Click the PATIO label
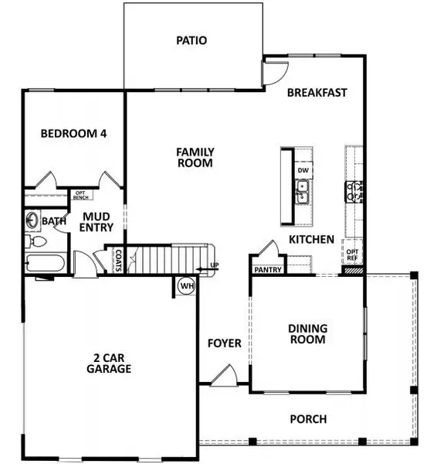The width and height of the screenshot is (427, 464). (x=191, y=39)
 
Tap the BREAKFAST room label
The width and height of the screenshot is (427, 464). (x=317, y=92)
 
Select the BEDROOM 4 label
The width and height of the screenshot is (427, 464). (x=73, y=133)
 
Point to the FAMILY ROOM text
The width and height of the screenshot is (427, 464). (x=195, y=158)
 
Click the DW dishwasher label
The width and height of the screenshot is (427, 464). (x=303, y=169)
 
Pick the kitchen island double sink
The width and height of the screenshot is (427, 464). (x=303, y=191)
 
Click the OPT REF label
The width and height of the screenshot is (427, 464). (x=353, y=255)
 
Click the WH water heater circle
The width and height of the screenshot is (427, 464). (x=186, y=286)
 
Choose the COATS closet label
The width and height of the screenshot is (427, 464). (x=119, y=258)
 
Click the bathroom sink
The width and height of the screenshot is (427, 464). (x=32, y=220)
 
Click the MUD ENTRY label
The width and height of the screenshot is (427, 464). (x=98, y=222)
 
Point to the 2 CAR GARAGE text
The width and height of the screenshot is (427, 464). (x=108, y=363)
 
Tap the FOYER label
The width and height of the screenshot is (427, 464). (x=225, y=343)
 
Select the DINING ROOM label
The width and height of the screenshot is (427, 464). (x=307, y=333)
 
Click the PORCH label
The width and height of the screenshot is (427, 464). (x=308, y=419)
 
